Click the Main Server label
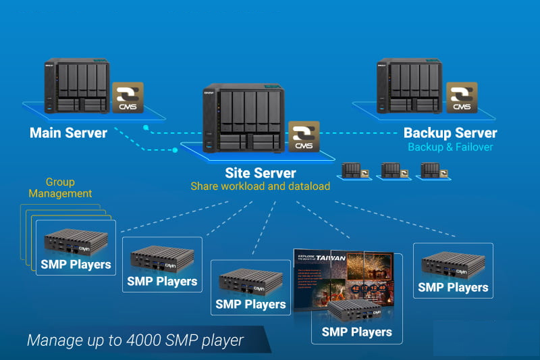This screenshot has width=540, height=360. (x=68, y=132)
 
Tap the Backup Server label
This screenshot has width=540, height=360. (x=450, y=133)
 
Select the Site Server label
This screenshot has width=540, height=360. (x=261, y=173)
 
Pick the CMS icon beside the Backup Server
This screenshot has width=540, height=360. (x=462, y=98)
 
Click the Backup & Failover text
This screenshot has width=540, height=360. (x=450, y=147)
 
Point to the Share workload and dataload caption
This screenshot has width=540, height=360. (x=260, y=186)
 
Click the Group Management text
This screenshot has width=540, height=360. (x=60, y=188)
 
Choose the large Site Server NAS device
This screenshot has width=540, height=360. (x=242, y=120)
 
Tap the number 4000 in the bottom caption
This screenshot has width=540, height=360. (x=143, y=340)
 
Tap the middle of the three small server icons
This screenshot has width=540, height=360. (x=392, y=170)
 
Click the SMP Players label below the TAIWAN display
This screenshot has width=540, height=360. (x=356, y=332)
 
